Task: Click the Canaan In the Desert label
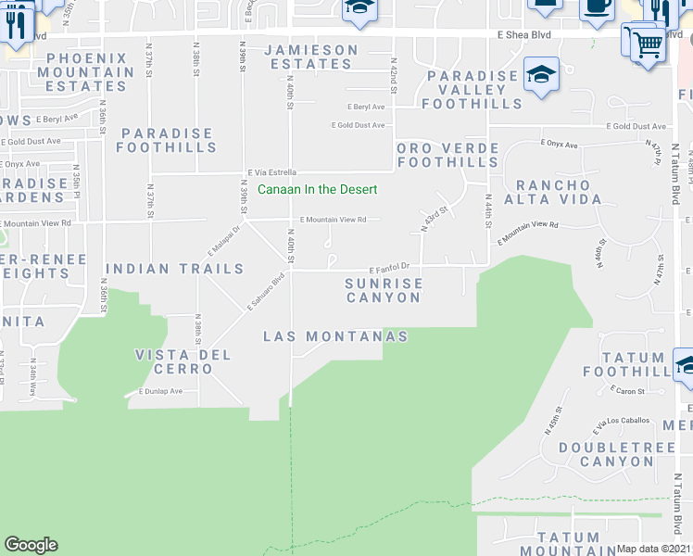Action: [317, 190]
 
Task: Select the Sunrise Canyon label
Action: [384, 290]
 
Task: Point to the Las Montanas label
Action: [335, 336]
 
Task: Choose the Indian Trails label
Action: [175, 269]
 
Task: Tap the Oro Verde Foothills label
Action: [447, 155]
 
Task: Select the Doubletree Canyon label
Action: [607, 454]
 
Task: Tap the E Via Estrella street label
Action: [271, 172]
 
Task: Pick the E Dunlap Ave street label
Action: [161, 391]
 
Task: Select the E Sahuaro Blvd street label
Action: [265, 291]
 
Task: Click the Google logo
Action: [31, 545]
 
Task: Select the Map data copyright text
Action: [653, 548]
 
